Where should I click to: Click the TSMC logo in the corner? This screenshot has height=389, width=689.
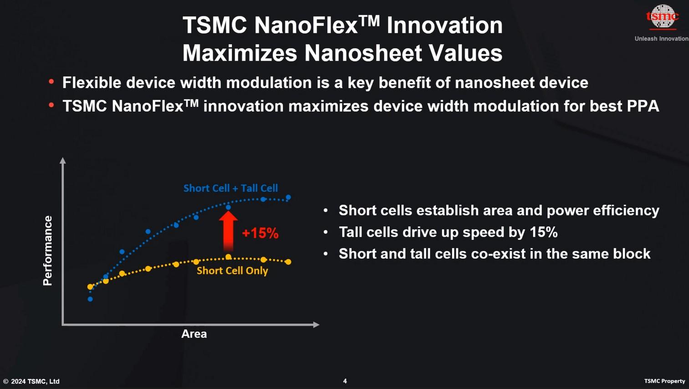[x=663, y=17]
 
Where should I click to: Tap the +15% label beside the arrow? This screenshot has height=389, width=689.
[x=260, y=233]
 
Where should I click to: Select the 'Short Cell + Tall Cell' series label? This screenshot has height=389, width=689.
[x=230, y=188]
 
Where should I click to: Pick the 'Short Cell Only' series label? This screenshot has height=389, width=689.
[x=232, y=271]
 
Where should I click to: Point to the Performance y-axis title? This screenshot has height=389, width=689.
[x=47, y=251]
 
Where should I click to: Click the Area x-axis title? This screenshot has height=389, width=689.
[x=194, y=334]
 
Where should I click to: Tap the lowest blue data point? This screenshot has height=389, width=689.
[x=90, y=299]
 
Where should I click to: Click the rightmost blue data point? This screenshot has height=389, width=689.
[x=288, y=197]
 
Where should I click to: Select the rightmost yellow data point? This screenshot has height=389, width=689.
[x=288, y=262]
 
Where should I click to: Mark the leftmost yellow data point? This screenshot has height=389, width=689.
[x=90, y=287]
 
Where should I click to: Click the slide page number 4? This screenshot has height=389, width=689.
[x=345, y=381]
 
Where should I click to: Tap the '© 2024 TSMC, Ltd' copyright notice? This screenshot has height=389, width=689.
[x=31, y=381]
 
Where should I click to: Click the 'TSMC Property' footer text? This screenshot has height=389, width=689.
[x=664, y=381]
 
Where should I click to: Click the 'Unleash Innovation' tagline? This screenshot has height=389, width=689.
[x=661, y=39]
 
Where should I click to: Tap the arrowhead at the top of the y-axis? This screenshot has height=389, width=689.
[x=63, y=160]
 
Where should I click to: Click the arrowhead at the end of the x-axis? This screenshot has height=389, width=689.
[x=316, y=325]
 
